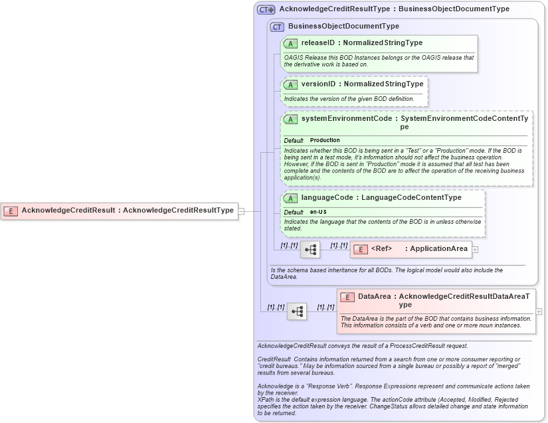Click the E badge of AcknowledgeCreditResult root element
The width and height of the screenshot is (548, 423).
(x=11, y=211)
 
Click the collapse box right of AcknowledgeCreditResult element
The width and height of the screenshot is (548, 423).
(x=241, y=211)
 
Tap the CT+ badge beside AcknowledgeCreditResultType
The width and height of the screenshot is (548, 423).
(x=266, y=9)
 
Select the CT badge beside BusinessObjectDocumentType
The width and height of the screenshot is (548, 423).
(x=277, y=27)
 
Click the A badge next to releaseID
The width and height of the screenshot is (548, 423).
(x=290, y=43)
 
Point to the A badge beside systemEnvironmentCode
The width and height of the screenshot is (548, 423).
(x=290, y=120)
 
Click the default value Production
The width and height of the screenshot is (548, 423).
(x=325, y=140)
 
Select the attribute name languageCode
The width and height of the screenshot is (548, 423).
(x=327, y=198)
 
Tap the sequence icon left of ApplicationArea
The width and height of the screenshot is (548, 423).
(x=310, y=250)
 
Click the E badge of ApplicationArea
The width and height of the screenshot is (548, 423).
(x=359, y=250)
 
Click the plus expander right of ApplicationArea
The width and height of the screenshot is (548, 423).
(x=475, y=250)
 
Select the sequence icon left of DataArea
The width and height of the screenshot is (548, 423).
(x=297, y=311)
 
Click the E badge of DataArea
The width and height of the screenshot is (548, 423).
(x=347, y=297)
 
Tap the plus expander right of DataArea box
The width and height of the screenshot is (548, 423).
(x=539, y=311)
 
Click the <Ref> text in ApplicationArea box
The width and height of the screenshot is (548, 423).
(x=381, y=249)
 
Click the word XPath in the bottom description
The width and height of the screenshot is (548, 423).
(x=266, y=399)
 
